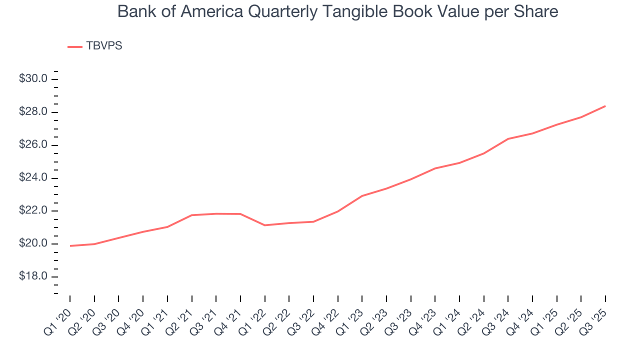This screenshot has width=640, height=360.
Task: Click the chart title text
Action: [337, 11]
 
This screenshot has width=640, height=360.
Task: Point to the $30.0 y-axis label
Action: [33, 79]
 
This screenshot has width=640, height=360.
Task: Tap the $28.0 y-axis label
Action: [33, 112]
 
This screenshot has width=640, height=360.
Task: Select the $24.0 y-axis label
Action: [33, 178]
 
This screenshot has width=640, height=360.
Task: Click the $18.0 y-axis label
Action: [33, 277]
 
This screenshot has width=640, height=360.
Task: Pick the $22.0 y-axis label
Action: [33, 211]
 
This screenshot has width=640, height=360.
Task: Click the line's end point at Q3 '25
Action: [605, 106]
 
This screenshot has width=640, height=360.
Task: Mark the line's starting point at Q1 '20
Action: [70, 245]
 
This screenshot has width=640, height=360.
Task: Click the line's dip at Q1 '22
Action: [264, 225]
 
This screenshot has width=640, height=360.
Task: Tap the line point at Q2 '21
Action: [192, 215]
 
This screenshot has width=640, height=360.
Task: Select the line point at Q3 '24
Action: [508, 138]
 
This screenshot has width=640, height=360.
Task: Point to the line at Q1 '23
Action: [362, 195]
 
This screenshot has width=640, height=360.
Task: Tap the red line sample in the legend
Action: [74, 46]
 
